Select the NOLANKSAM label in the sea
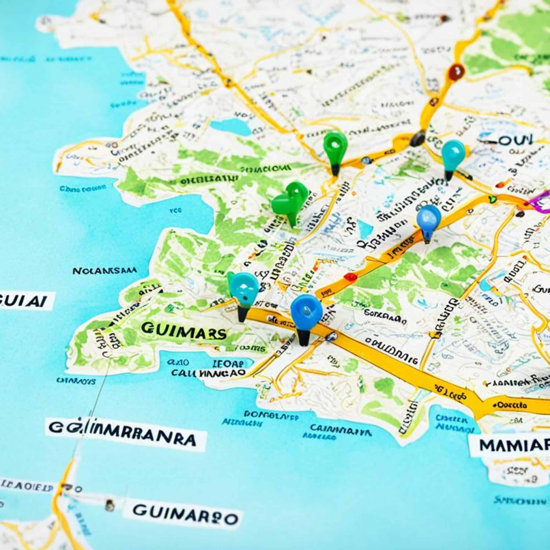(104, 271)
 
